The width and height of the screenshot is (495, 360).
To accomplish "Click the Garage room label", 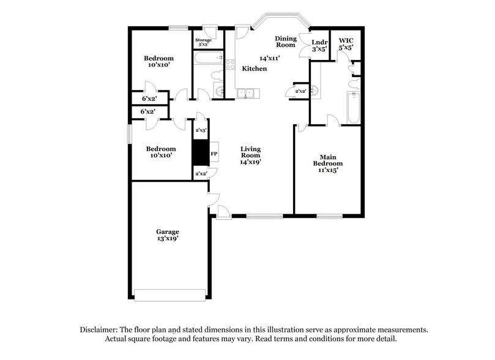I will click(167, 231).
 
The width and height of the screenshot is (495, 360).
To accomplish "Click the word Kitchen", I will click(255, 69).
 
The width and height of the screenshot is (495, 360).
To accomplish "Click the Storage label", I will click(203, 40).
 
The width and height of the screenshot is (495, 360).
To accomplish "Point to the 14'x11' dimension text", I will click(270, 58).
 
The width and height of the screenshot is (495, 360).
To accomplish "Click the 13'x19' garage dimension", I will click(167, 239).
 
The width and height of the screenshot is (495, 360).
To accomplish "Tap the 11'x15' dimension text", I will click(327, 170).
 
